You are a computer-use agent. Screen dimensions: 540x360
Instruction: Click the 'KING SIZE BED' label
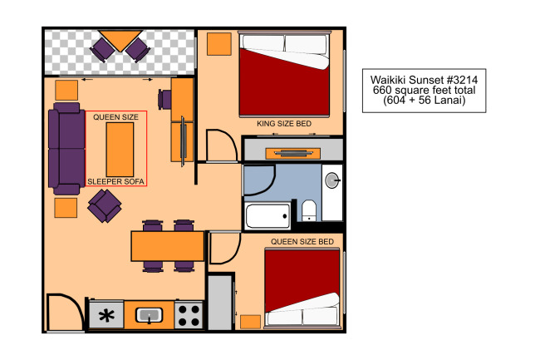pyautogui.click(x=284, y=124)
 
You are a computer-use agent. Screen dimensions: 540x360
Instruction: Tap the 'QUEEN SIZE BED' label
pyautogui.click(x=302, y=241)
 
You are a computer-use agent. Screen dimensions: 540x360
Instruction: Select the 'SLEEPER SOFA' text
pyautogui.click(x=115, y=181)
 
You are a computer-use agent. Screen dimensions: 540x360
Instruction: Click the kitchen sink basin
pyautogui.click(x=149, y=315)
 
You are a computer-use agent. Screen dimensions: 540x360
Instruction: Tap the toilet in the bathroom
pyautogui.click(x=309, y=210)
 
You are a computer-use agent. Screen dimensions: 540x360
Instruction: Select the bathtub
pyautogui.click(x=268, y=216)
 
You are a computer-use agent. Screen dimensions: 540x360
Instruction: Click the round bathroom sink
pyautogui.click(x=332, y=180)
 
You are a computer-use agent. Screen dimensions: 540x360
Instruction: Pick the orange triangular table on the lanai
pyautogui.click(x=120, y=38)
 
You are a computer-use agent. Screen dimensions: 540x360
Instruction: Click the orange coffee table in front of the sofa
pyautogui.click(x=120, y=150)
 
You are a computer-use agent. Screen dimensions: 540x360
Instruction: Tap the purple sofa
pyautogui.click(x=66, y=149)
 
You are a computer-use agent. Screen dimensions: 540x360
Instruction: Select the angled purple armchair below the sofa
pyautogui.click(x=105, y=206)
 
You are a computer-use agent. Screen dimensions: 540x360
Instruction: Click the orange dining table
pyautogui.click(x=168, y=246)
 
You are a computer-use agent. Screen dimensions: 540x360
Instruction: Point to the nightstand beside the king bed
pyautogui.click(x=219, y=44)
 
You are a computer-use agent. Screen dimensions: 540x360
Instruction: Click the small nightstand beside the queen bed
pyautogui.click(x=250, y=322)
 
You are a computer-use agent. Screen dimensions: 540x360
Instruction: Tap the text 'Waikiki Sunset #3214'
pyautogui.click(x=424, y=80)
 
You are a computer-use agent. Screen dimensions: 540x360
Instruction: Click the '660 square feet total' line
pyautogui.click(x=424, y=91)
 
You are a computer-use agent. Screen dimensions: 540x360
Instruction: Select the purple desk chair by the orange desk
pyautogui.click(x=164, y=100)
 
